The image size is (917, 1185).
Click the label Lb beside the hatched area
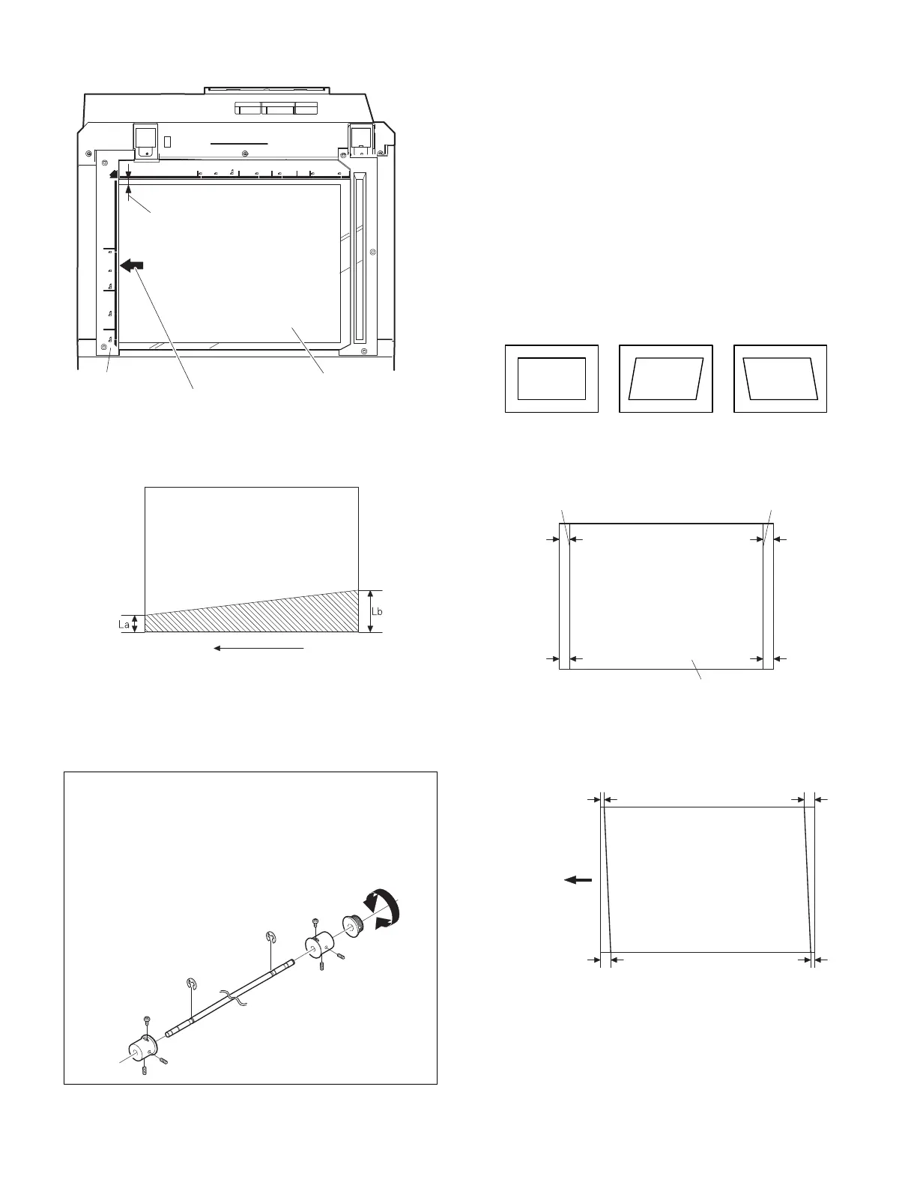click(378, 611)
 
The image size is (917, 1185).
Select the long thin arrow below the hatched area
click(258, 648)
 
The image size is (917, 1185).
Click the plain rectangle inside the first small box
click(551, 378)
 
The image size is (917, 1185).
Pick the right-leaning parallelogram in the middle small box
click(666, 378)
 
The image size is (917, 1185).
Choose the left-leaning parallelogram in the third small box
click(780, 378)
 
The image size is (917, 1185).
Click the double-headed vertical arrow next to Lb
click(370, 611)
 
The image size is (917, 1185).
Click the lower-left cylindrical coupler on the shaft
click(139, 1047)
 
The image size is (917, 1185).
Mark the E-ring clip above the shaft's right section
click(272, 938)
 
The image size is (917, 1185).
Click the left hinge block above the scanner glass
click(145, 141)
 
